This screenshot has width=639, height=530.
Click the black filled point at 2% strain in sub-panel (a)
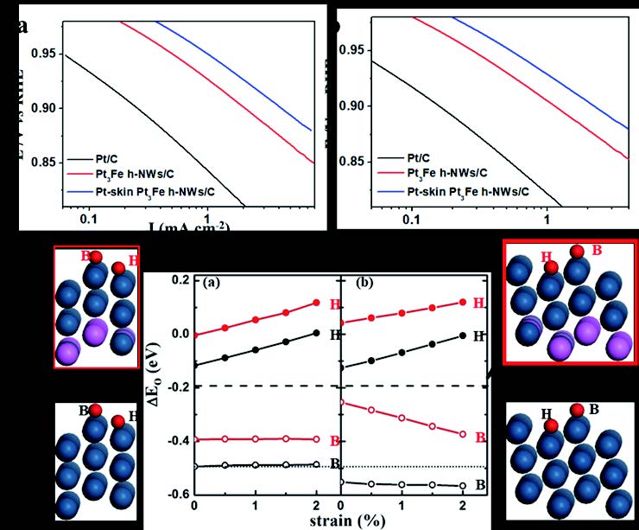click(x=316, y=333)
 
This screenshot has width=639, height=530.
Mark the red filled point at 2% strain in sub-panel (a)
click(x=316, y=303)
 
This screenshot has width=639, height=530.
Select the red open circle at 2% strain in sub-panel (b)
click(x=463, y=434)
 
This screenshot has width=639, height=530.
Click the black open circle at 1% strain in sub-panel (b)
click(x=402, y=484)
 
